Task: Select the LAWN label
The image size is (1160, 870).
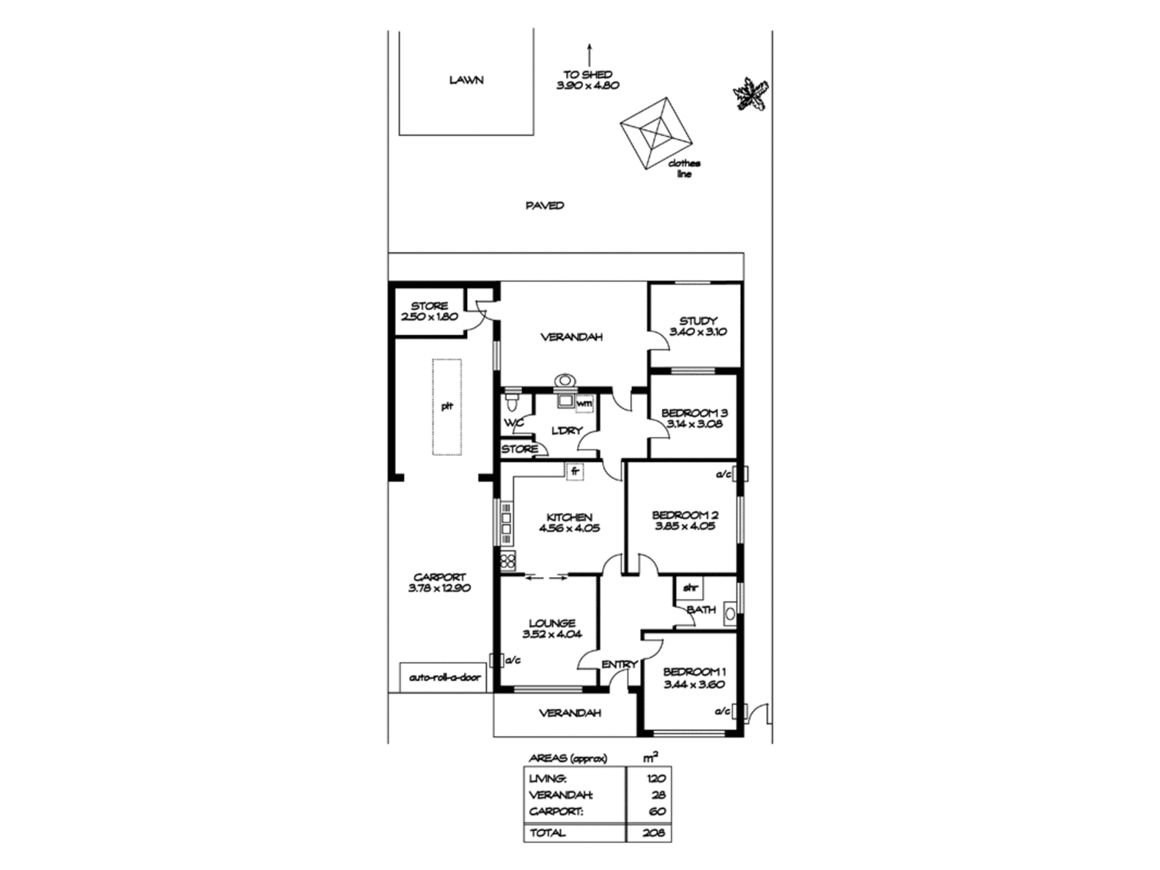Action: [466, 80]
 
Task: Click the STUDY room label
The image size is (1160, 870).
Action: [698, 320]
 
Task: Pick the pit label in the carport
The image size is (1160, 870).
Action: [447, 406]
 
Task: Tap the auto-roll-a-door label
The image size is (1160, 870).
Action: [444, 678]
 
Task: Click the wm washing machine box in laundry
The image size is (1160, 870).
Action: [584, 402]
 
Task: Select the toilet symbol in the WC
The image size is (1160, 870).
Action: [511, 399]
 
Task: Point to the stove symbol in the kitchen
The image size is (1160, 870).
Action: [507, 560]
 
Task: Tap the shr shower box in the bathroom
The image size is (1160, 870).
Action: [689, 588]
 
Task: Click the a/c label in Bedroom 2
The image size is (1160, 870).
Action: [723, 475]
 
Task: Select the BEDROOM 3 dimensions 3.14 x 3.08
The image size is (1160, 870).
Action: [695, 424]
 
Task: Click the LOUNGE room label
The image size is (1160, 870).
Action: [552, 622]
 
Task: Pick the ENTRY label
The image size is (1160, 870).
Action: [619, 664]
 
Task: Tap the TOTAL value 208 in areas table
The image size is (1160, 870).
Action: [652, 833]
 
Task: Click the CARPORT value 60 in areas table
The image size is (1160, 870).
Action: [657, 811]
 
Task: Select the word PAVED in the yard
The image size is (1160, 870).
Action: [544, 206]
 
